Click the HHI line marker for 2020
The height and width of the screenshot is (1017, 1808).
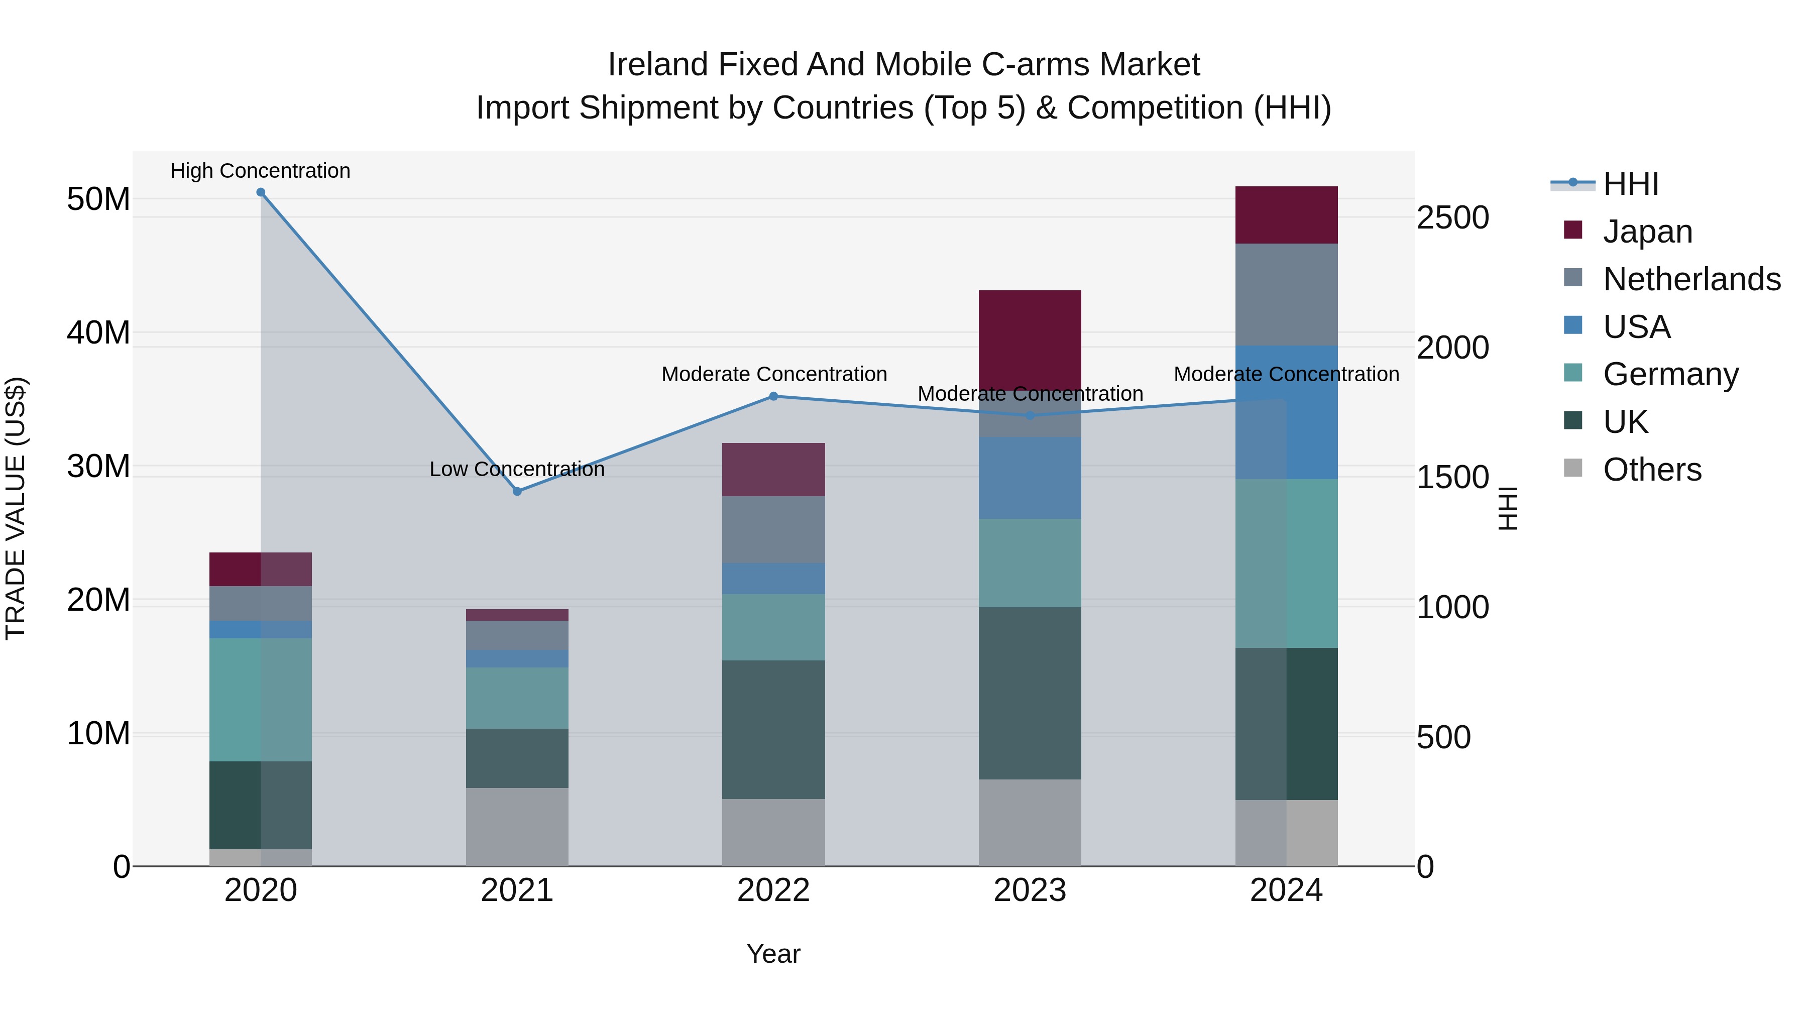coord(260,192)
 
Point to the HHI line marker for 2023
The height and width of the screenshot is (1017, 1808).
coord(1030,415)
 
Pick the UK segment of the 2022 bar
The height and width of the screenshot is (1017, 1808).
coord(773,729)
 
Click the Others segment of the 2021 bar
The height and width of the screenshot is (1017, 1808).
coord(517,826)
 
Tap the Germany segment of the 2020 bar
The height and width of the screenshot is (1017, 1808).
coord(260,699)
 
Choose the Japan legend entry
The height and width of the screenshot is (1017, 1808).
coord(1647,232)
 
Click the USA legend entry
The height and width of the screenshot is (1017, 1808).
coord(1636,327)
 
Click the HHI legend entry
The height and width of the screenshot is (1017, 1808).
coord(1630,184)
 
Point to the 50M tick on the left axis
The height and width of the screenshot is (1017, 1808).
coord(98,199)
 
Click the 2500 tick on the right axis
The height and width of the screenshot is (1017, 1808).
coord(1452,217)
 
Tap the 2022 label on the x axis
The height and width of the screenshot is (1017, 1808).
coord(773,890)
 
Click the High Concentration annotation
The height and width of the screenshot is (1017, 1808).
coord(260,171)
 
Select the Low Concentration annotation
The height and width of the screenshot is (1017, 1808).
coord(517,469)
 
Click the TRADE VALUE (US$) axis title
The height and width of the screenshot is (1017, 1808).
coord(16,508)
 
